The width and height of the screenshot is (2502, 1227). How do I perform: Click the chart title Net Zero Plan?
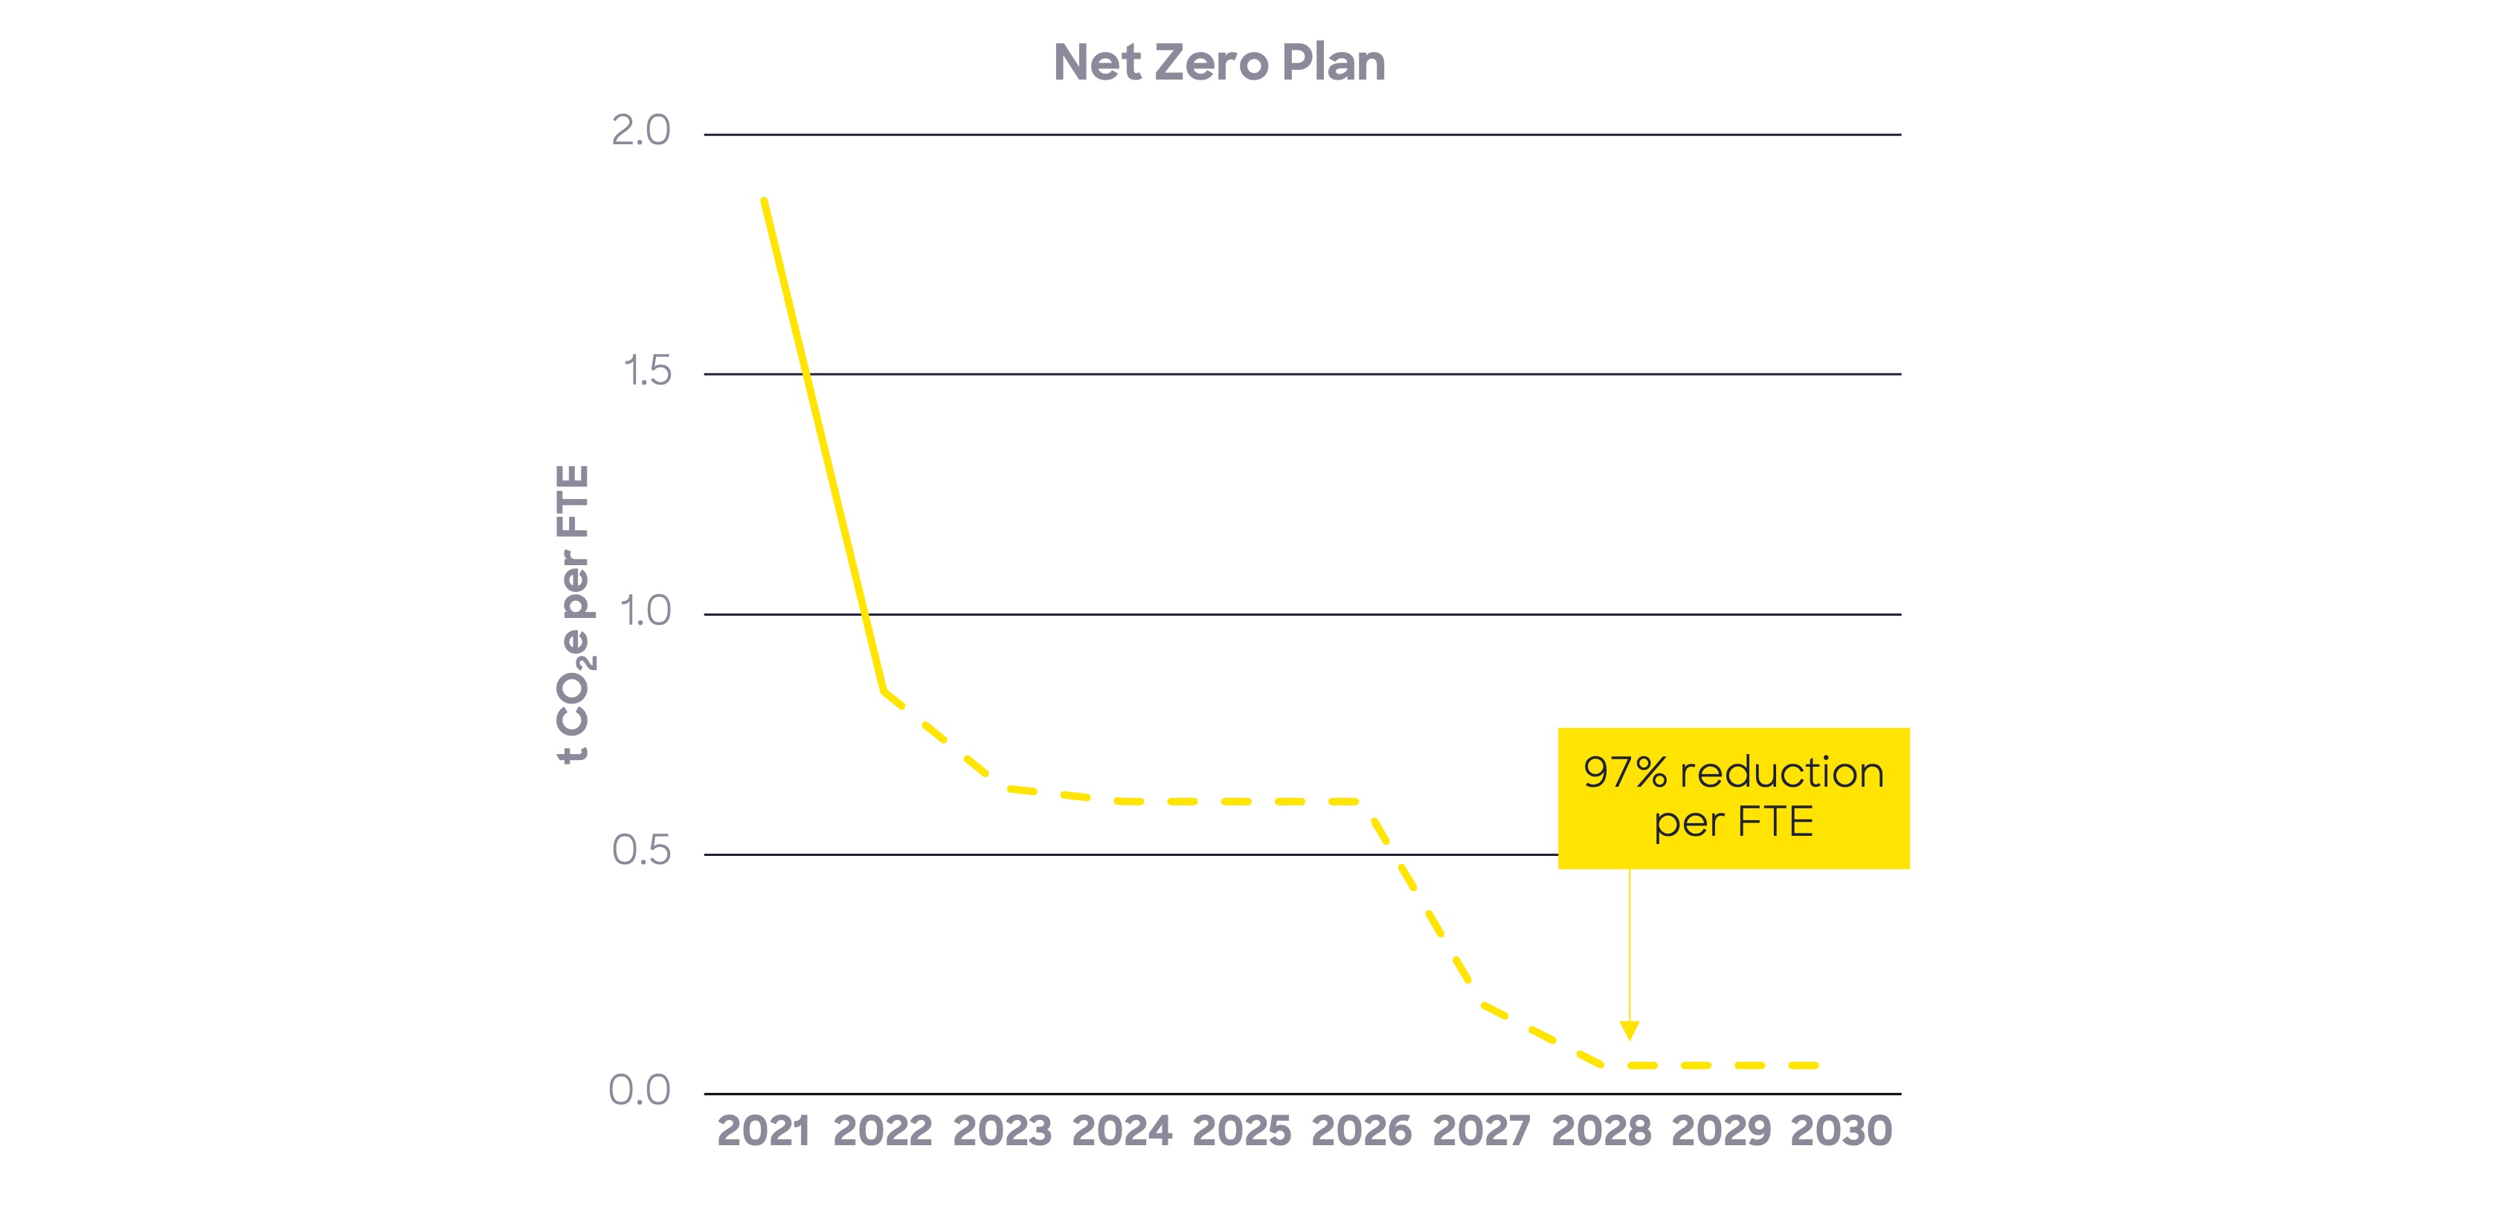(1219, 63)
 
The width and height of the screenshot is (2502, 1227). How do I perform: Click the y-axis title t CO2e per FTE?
(573, 614)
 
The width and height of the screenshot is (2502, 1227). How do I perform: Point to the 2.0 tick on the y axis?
(641, 131)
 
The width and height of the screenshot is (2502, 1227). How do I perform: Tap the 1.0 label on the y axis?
(645, 611)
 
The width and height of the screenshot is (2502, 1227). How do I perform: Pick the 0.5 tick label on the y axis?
(641, 851)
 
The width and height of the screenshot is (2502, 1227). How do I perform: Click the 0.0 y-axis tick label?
(639, 1091)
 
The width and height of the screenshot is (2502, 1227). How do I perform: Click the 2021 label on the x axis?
(763, 1131)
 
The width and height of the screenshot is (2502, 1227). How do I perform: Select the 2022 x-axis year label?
(882, 1131)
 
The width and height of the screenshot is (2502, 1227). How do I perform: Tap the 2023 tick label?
(1003, 1131)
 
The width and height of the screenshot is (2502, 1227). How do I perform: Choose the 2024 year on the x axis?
(1122, 1131)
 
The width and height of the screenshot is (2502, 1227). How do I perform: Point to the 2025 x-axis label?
(1241, 1131)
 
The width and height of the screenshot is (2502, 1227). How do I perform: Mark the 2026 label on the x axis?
(1361, 1131)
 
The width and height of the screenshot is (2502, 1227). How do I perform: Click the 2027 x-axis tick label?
(1481, 1131)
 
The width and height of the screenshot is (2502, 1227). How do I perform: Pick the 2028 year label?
(1601, 1131)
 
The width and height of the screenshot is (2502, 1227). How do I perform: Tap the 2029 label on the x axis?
(1720, 1131)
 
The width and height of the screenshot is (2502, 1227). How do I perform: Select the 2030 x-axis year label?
(1841, 1131)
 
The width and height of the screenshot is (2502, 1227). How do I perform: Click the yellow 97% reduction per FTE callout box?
(1734, 798)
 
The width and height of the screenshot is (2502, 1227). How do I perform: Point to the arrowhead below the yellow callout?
(1630, 1031)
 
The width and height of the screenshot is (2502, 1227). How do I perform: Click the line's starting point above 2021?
(765, 200)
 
